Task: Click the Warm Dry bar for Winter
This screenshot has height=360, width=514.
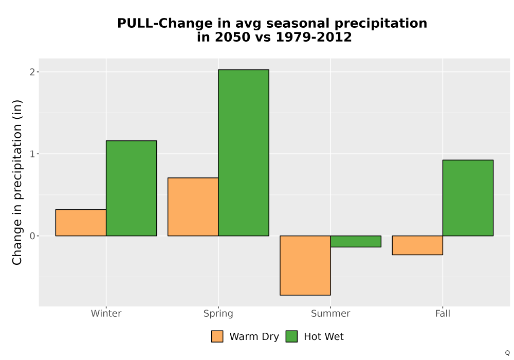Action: pos(81,223)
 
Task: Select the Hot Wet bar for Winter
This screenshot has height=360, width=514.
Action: pos(132,188)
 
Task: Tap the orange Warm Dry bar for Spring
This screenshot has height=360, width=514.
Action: pos(193,207)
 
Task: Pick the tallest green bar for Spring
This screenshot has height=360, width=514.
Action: pos(244,153)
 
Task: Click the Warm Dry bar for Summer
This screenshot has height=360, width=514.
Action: pos(305,265)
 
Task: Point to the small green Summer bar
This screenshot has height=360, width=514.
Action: pos(356,241)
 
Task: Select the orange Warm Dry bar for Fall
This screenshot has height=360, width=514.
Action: pos(417,245)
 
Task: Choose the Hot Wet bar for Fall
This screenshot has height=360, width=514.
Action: pos(468,198)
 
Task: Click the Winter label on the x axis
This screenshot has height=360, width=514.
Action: pos(106,313)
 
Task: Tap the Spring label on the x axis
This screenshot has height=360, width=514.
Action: pos(218,314)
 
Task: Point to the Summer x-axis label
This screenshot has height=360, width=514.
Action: pos(331,313)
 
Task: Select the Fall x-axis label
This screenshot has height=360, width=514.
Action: pos(443,313)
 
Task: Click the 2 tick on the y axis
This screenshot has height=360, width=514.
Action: pos(32,72)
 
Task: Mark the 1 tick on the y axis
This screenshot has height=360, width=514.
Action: pos(32,154)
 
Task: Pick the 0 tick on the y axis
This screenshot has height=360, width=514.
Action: pos(32,236)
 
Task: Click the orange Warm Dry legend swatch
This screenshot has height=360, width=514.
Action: pos(217,336)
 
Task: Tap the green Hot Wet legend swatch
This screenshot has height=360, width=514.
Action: pos(291,336)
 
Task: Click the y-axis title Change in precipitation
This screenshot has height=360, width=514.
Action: pos(17,182)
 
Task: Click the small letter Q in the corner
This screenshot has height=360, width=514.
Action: pos(507,353)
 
